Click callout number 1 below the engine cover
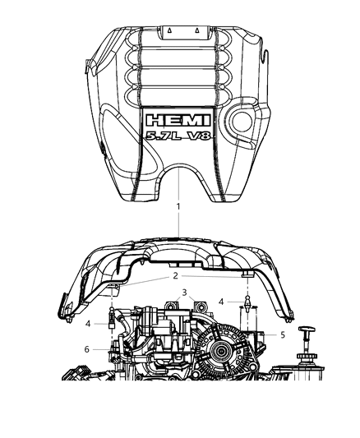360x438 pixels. point(178,207)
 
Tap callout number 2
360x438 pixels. point(175,276)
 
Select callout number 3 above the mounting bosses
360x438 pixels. point(184,293)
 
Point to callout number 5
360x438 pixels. point(283,334)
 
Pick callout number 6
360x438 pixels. point(87,349)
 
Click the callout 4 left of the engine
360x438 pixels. point(88,324)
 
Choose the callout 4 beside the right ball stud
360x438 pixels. point(221,302)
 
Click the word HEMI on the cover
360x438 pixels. point(178,121)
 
